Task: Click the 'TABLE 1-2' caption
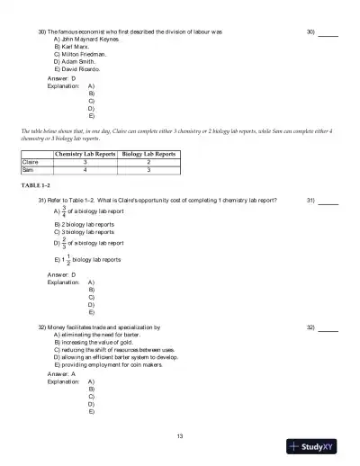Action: click(x=36, y=184)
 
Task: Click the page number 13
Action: click(x=180, y=436)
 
